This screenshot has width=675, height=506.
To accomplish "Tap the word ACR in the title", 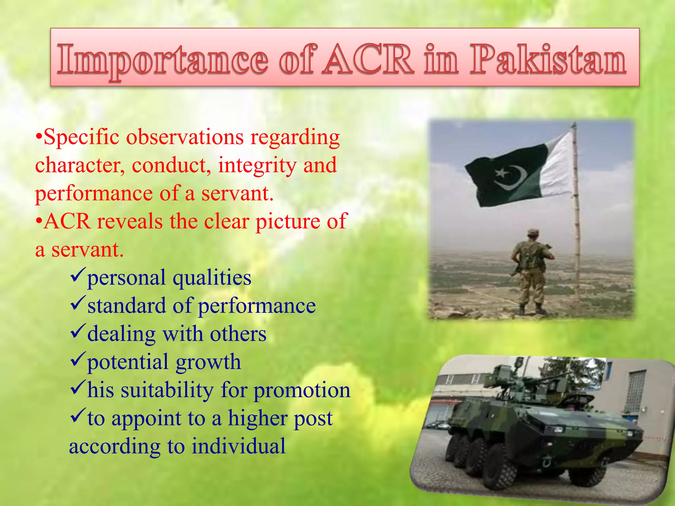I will tap(368, 59).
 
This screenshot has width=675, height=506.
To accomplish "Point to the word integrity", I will tap(257, 165).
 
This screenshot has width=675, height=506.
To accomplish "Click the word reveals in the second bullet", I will tap(130, 221).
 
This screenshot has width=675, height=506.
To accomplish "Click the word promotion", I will tap(302, 391).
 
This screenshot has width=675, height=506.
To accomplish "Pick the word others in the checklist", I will tap(238, 334).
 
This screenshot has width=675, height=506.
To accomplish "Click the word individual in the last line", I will tap(239, 446).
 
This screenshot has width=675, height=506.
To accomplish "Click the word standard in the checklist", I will tap(127, 306).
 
